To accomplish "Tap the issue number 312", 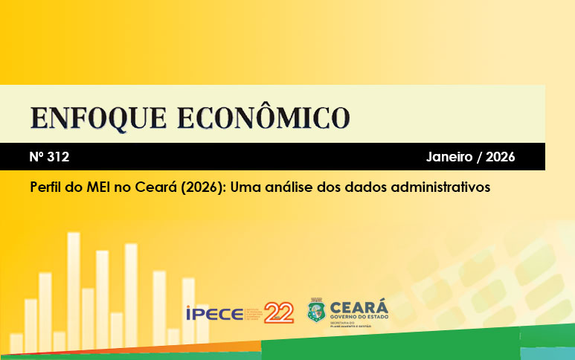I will tap(58, 157).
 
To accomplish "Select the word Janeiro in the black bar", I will tap(449, 157).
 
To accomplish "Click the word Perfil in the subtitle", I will tap(47, 187).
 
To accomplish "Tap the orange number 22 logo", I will tap(279, 312).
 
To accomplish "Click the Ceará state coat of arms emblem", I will tap(316, 311).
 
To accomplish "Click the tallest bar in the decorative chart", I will tap(74, 290).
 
